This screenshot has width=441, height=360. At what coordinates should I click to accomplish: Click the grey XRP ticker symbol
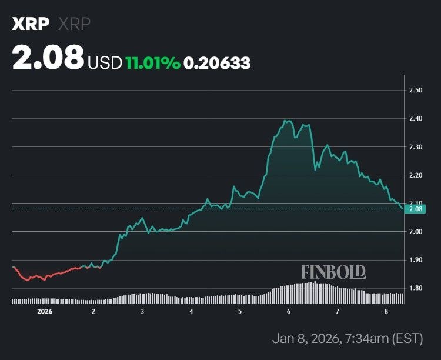click(x=74, y=24)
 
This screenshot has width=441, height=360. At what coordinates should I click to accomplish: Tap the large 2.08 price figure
click(x=48, y=59)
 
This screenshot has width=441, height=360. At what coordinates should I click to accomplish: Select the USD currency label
click(x=105, y=62)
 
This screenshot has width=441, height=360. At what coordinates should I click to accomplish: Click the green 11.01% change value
click(x=152, y=62)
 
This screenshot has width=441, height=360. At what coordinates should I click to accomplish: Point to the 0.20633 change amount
click(x=217, y=62)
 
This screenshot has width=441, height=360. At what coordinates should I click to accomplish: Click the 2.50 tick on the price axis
click(x=416, y=91)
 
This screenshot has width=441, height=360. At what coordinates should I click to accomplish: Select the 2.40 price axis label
click(x=416, y=119)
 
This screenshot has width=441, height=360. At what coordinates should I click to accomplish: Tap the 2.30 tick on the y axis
click(x=416, y=147)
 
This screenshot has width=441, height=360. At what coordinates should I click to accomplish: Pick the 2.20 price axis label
click(x=416, y=175)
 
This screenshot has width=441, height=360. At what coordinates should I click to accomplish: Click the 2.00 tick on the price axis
click(x=416, y=232)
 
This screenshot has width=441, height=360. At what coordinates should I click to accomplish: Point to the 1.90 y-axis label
click(x=416, y=260)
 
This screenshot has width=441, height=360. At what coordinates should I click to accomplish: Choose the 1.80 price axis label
click(x=416, y=288)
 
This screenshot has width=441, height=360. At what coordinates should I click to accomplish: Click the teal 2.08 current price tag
click(x=416, y=209)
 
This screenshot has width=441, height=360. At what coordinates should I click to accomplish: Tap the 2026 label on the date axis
click(x=45, y=311)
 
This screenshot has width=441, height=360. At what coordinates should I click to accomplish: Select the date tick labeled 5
click(x=240, y=311)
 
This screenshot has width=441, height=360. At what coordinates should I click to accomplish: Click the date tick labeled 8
click(x=386, y=311)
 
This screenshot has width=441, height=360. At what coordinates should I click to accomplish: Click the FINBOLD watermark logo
click(x=333, y=272)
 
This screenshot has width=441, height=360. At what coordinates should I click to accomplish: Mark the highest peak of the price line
click(x=286, y=121)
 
